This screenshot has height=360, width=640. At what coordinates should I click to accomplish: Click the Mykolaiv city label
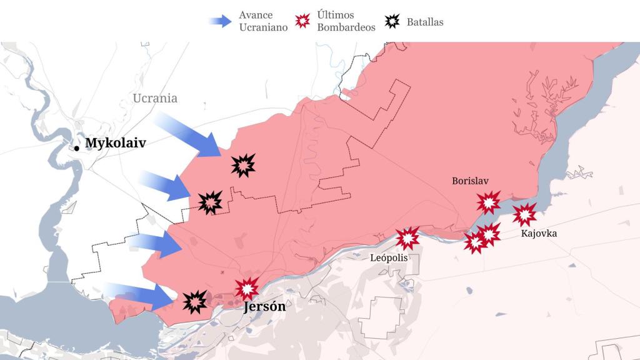[x=115, y=143]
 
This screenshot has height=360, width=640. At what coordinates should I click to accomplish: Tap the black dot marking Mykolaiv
[x=76, y=147]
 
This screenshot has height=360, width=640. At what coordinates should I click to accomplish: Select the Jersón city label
[x=264, y=307]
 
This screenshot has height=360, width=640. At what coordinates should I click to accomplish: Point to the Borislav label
[x=470, y=181]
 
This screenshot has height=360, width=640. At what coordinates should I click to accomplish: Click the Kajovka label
[x=538, y=234]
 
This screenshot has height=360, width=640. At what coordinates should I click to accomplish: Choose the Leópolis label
[x=389, y=257]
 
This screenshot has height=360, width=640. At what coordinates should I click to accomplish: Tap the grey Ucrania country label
[x=155, y=98]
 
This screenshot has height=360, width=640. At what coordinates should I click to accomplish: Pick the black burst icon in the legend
[x=392, y=21]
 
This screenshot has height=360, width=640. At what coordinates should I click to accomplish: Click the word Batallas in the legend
[x=425, y=22]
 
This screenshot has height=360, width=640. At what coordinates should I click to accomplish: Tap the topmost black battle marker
[x=242, y=166]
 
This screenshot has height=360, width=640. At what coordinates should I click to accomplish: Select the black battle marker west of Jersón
[x=195, y=302]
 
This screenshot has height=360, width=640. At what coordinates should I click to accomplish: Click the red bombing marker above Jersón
[x=247, y=288]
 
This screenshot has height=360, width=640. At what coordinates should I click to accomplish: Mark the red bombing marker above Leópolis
[x=407, y=238]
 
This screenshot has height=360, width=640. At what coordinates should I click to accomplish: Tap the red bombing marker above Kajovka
[x=524, y=214]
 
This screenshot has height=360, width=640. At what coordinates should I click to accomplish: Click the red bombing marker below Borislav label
[x=488, y=202]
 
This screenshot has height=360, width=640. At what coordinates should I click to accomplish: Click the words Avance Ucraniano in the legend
[x=263, y=21]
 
